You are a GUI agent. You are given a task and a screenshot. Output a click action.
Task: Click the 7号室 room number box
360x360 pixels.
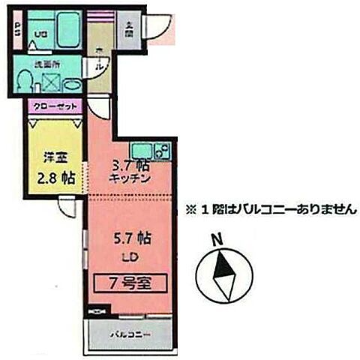[130, 283]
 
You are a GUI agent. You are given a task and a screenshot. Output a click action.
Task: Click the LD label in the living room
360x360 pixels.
[129, 257]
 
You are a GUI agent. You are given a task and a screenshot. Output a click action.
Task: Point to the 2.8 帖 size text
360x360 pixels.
[55, 178]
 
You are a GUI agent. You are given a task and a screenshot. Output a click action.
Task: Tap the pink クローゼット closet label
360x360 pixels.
[55, 107]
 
